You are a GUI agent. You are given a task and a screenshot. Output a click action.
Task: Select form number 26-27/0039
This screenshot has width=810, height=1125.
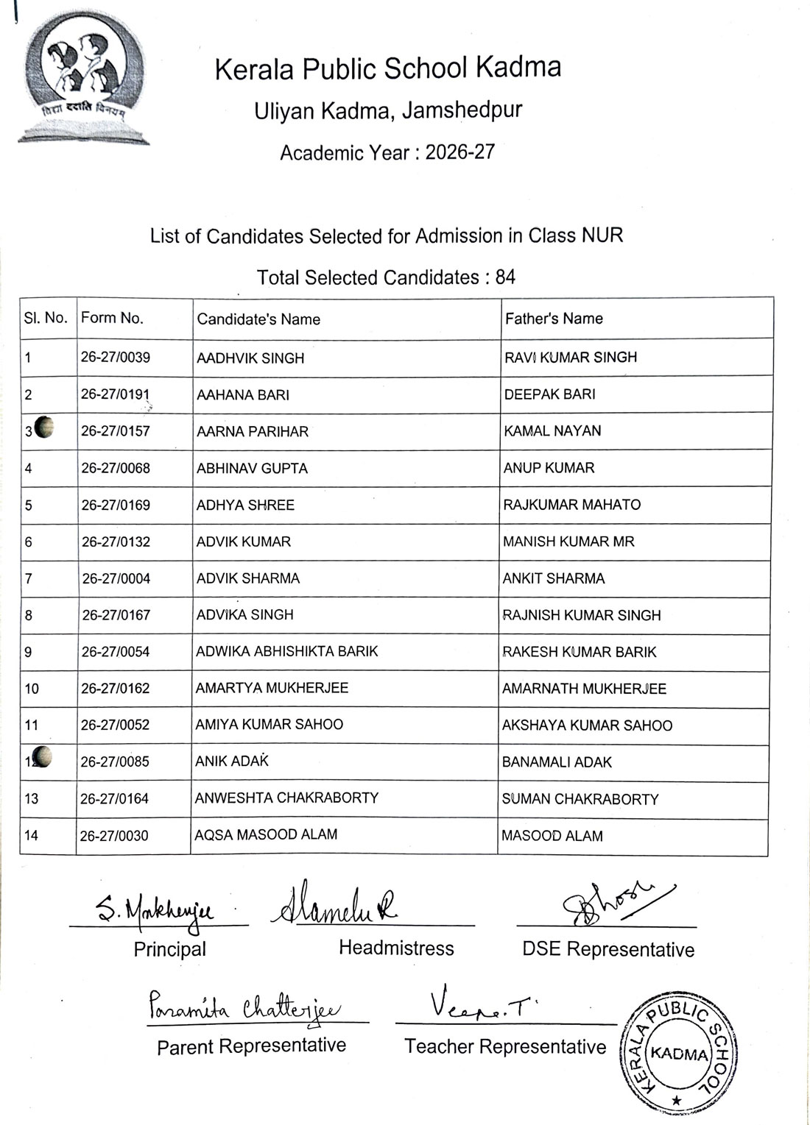coord(116,358)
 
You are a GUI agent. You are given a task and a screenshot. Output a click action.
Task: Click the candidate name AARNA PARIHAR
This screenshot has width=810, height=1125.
coord(253,431)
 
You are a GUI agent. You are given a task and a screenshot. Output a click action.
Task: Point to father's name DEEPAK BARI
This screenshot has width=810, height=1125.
coord(550,394)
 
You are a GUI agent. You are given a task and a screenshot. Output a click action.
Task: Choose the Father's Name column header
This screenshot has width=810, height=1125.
coord(554,319)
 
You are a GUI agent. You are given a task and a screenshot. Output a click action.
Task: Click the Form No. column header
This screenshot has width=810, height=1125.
coord(112,318)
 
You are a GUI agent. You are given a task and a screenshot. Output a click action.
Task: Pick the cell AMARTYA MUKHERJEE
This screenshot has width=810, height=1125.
coord(272,688)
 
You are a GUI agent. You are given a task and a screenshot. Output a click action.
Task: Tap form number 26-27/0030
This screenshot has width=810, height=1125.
coord(114,836)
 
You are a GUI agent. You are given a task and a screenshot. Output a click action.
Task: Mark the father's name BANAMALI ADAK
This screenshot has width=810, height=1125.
coord(557,762)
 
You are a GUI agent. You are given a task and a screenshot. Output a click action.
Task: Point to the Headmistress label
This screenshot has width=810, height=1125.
coord(396,948)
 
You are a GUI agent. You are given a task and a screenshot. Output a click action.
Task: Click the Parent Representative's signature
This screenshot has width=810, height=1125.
coord(244,1006)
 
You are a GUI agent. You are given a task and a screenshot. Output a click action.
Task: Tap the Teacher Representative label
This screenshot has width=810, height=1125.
coord(505,1046)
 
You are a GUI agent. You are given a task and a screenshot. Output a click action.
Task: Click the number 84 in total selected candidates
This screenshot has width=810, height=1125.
coord(505,277)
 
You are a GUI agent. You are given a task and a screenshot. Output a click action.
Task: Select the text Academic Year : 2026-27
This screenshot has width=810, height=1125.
coord(387,152)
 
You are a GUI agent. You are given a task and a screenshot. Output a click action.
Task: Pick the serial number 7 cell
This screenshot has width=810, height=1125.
coord(29,578)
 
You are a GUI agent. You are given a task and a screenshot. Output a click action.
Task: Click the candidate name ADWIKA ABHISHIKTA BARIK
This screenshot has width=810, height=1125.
coord(286,651)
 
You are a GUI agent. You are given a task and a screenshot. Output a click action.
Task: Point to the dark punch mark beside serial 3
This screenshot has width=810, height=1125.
coord(44,427)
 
